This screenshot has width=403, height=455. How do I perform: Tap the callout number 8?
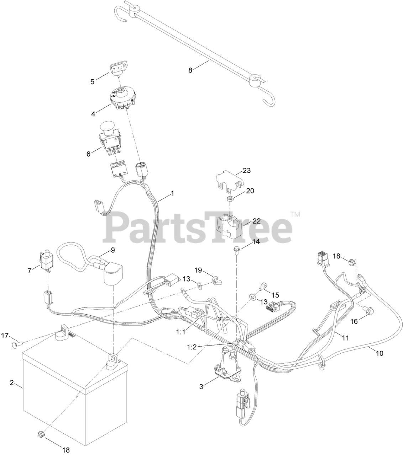190,70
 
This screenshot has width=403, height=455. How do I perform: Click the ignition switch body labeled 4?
121,98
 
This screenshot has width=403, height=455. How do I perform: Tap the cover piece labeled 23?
229,180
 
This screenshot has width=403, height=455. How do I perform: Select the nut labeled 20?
231,196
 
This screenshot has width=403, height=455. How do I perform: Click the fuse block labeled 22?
230,225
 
